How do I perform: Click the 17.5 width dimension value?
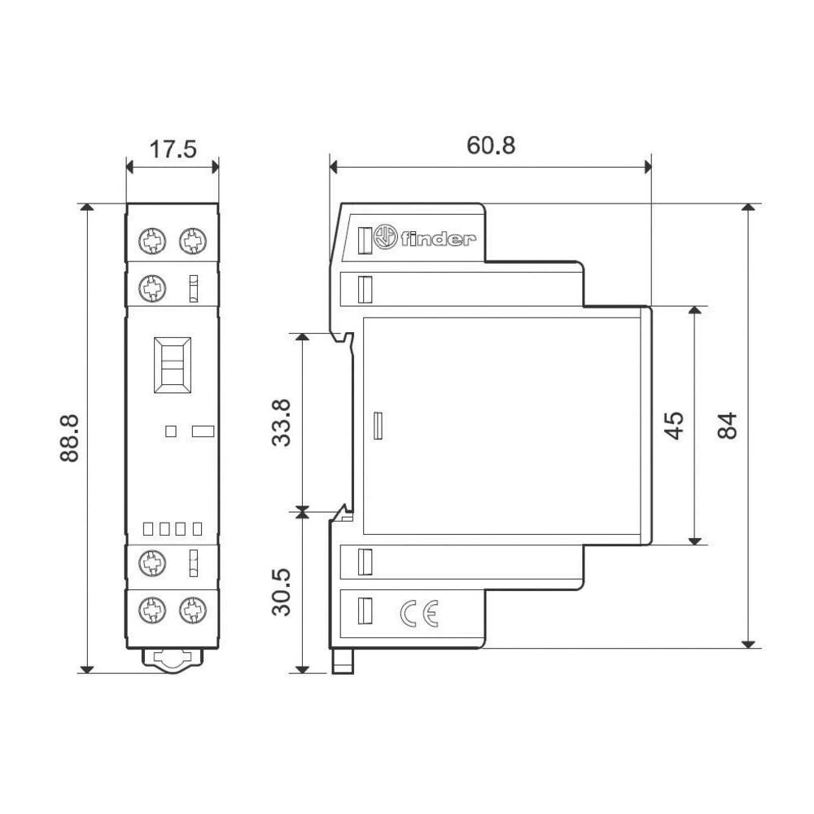tap(173, 151)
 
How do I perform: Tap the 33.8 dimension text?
tap(282, 422)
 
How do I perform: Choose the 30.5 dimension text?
tap(282, 592)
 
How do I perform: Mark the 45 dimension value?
tap(675, 424)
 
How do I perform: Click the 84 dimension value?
tap(727, 425)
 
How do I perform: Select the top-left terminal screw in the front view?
tap(151, 240)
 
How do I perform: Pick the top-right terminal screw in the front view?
tap(192, 240)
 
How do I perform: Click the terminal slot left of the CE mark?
tap(365, 610)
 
